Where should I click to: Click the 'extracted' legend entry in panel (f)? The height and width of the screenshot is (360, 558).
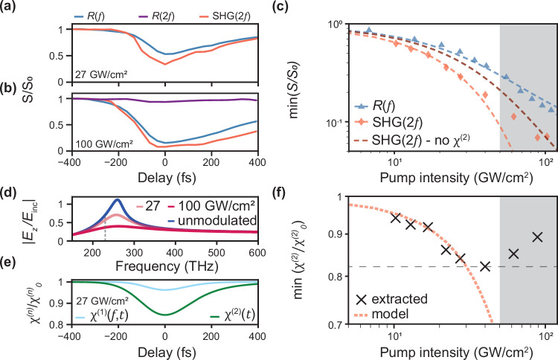[393, 322]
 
